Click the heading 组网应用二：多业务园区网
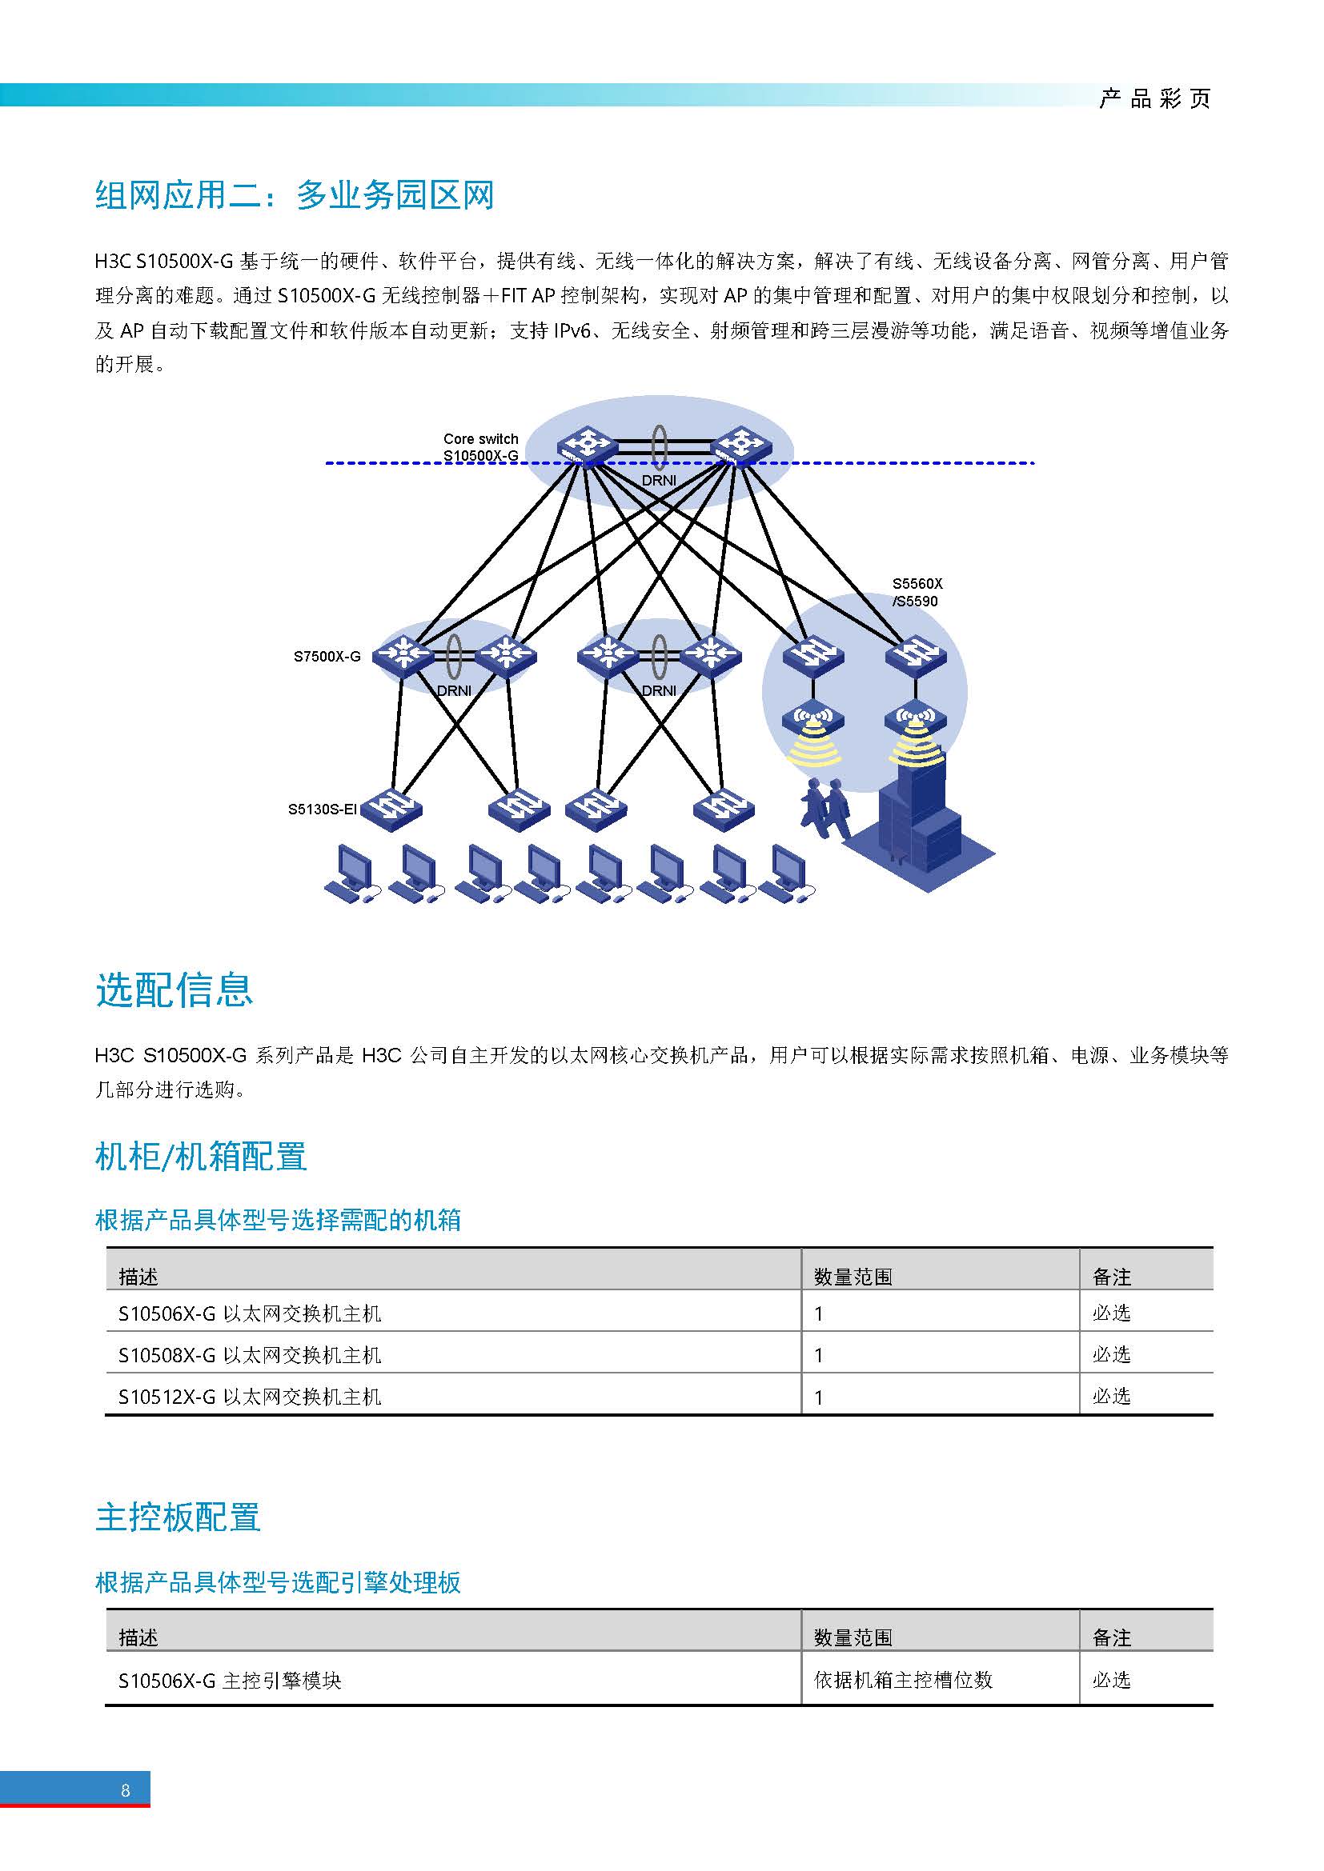(x=295, y=195)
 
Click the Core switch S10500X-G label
(x=480, y=447)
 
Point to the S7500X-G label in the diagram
(x=327, y=656)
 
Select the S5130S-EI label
(x=322, y=810)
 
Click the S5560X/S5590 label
(x=917, y=593)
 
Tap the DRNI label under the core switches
(x=659, y=481)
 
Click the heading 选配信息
(x=175, y=989)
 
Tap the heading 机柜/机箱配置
(x=201, y=1157)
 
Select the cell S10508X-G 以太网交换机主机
(x=250, y=1355)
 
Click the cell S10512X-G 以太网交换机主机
(x=250, y=1397)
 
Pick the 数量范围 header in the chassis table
(x=853, y=1277)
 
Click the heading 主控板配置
(x=178, y=1517)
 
